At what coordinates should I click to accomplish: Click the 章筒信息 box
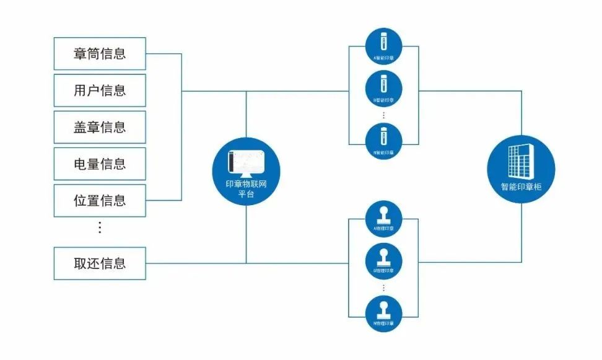coord(100,53)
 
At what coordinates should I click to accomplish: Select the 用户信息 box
coord(100,90)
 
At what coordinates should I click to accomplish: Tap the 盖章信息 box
coord(100,127)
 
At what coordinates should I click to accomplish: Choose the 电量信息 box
coord(100,164)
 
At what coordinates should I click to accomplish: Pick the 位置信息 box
coord(100,200)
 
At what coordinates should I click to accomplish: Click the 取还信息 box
coord(100,263)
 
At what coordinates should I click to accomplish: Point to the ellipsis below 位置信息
coord(100,227)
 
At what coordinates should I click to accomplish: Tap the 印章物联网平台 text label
coord(246,189)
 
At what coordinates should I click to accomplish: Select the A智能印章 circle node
coord(383,47)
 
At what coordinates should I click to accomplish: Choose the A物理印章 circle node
coord(383,218)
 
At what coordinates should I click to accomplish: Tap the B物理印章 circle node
coord(383,261)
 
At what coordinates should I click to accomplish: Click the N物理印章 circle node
coord(383,314)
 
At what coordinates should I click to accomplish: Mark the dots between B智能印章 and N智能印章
coord(383,115)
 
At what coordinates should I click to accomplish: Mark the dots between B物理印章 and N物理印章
coord(383,288)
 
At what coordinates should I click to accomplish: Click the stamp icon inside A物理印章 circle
coord(383,214)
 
